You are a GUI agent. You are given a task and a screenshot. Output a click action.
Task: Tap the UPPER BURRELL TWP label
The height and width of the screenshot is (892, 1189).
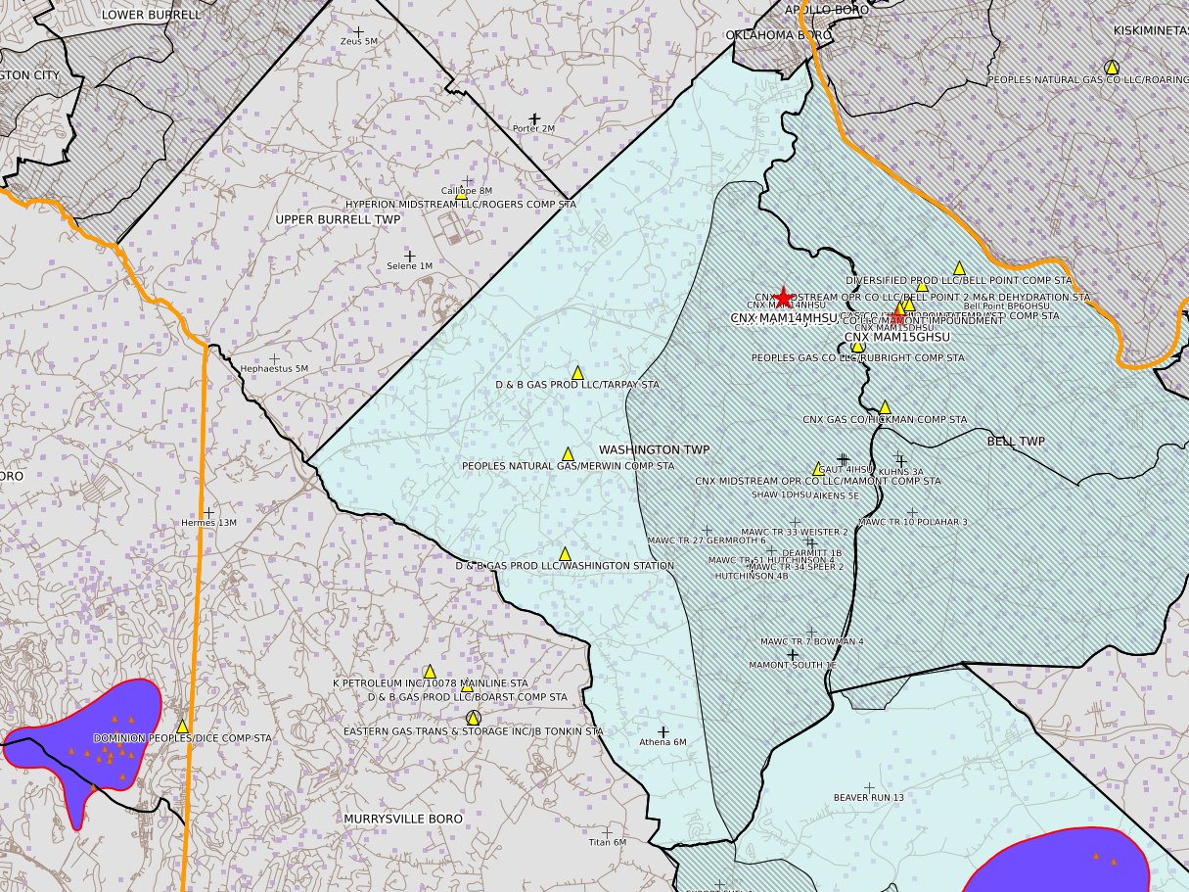[x=338, y=219]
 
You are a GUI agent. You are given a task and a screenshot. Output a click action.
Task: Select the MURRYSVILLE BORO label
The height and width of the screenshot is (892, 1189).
[x=403, y=818]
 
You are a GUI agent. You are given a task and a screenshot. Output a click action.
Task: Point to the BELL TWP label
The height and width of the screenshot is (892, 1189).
[x=1015, y=442]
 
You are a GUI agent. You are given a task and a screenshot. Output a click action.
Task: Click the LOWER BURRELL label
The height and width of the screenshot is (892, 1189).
[x=151, y=15]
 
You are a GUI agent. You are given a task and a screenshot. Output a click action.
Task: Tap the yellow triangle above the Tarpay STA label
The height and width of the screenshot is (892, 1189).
[x=577, y=373]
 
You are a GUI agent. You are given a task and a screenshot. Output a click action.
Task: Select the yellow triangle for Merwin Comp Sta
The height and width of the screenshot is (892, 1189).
[x=568, y=454]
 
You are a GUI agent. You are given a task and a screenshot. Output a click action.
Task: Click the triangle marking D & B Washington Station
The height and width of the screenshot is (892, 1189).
[x=565, y=554]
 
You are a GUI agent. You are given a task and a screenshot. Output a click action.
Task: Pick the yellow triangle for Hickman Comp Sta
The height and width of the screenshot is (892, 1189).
[x=885, y=407]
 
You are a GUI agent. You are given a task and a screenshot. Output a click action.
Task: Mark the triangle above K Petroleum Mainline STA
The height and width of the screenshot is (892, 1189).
[x=429, y=671]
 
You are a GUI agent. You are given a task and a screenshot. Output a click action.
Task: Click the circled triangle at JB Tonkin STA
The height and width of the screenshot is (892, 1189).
[x=474, y=719]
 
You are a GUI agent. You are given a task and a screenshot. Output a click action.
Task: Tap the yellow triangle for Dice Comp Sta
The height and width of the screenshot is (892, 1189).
[x=182, y=726]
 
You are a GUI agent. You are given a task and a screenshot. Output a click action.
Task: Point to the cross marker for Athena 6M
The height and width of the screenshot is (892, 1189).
[x=663, y=731]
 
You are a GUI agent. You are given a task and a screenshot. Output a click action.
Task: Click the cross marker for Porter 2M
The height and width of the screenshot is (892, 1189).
[x=534, y=118]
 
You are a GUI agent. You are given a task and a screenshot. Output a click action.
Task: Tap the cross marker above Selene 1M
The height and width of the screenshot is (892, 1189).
[x=409, y=256]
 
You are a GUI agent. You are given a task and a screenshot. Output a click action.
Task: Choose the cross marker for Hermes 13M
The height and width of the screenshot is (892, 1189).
[x=208, y=512]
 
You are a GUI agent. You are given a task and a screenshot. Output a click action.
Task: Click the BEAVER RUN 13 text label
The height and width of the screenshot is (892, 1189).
[x=868, y=798]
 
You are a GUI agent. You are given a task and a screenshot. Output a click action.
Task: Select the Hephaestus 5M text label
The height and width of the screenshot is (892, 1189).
[x=274, y=369]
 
